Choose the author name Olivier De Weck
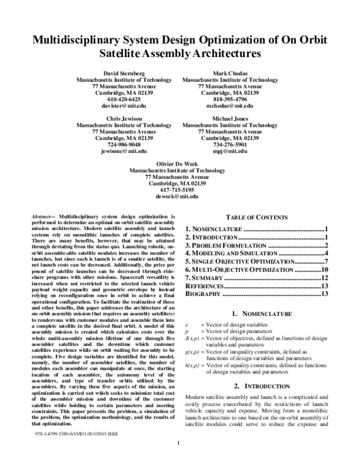coord(179,163)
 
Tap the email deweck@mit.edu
coord(179,196)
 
